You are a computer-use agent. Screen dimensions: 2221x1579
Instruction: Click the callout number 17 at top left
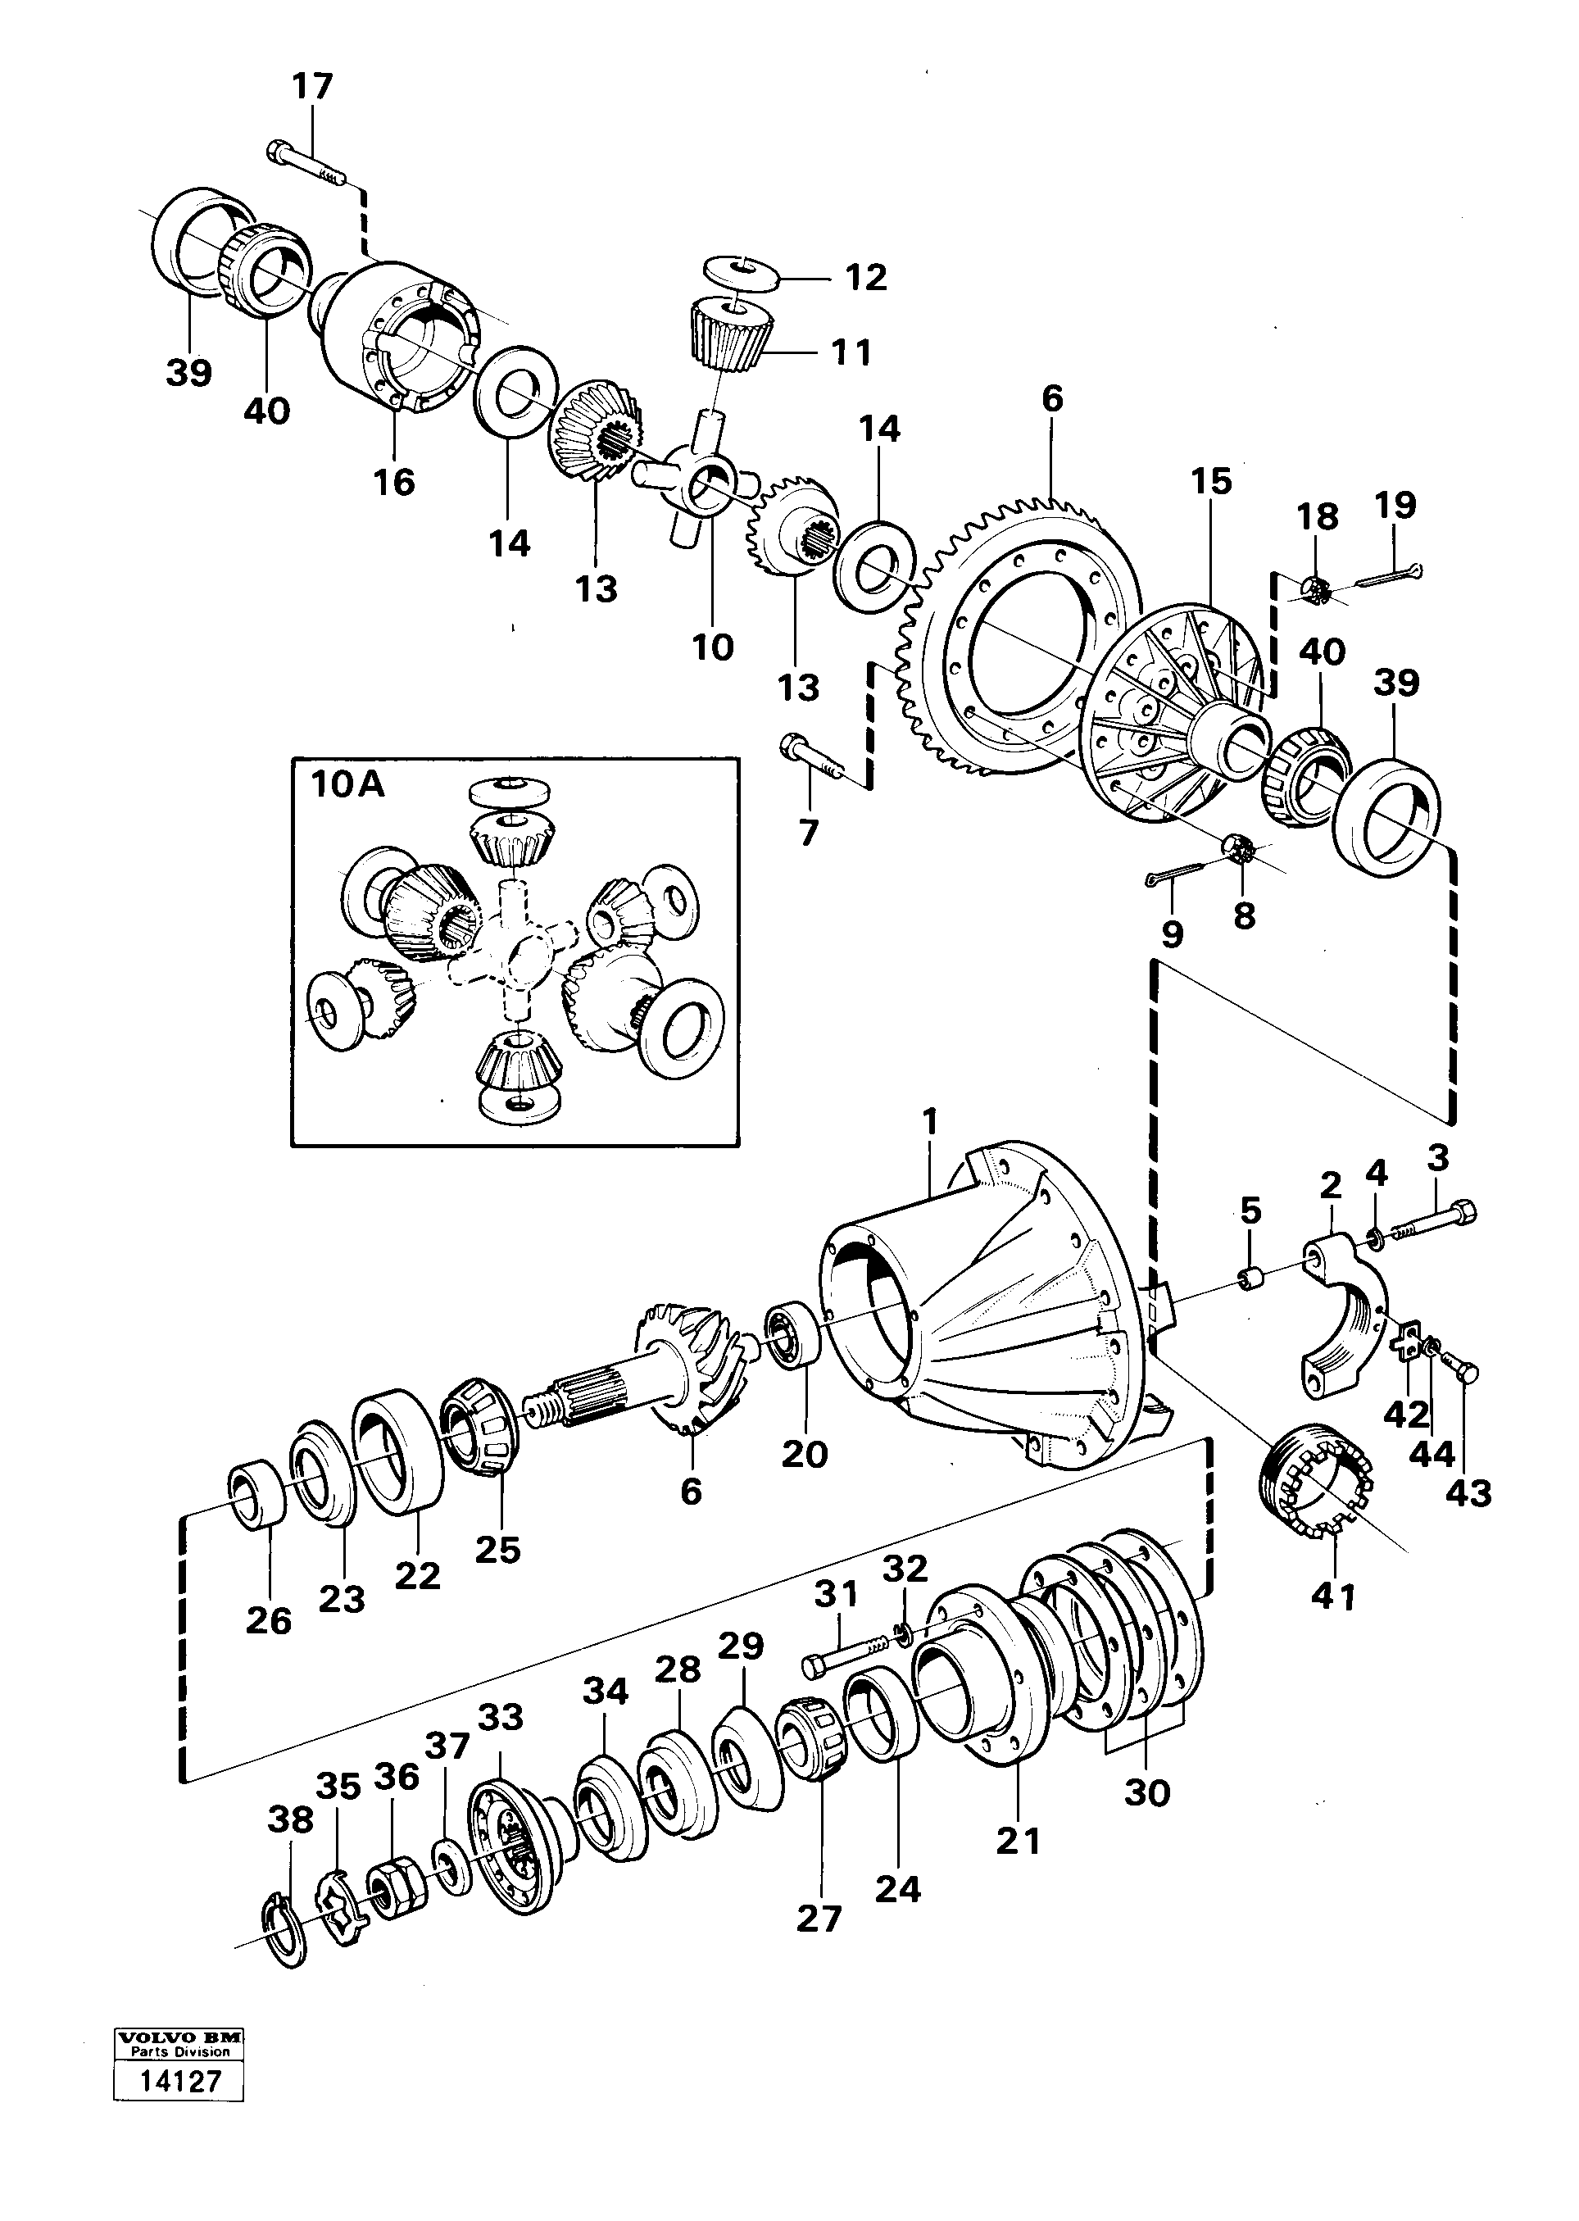[x=312, y=87]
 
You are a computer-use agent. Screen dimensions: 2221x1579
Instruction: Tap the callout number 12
[x=865, y=278]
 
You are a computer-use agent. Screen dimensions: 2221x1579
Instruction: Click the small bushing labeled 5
[x=1252, y=1275]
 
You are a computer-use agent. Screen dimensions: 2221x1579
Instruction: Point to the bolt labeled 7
[x=811, y=755]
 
